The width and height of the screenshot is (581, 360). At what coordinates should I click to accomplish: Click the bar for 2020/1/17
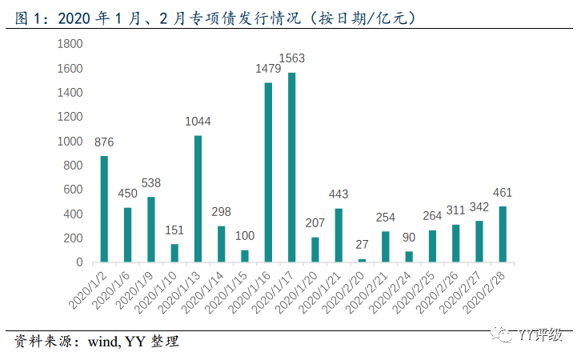click(x=292, y=167)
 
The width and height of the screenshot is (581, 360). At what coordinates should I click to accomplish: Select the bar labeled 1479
click(x=269, y=172)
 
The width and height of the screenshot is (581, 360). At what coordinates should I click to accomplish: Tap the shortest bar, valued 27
click(x=363, y=260)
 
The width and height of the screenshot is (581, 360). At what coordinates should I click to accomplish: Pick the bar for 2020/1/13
click(x=198, y=198)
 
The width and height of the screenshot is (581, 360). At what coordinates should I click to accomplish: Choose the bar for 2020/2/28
click(x=503, y=234)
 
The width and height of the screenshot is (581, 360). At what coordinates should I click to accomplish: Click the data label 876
click(x=104, y=142)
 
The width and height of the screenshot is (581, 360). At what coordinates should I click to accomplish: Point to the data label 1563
click(x=292, y=58)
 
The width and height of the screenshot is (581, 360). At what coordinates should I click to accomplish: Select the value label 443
click(x=339, y=194)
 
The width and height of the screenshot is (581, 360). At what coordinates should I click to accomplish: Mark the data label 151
click(x=175, y=230)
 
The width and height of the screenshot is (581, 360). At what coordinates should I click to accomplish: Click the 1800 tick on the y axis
click(x=70, y=44)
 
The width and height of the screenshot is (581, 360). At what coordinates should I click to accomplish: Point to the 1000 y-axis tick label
click(x=70, y=141)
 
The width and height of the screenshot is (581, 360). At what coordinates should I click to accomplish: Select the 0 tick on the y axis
click(x=78, y=262)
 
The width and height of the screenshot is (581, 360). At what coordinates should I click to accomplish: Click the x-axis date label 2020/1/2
click(x=90, y=290)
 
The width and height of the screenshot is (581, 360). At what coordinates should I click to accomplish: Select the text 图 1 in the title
click(x=27, y=16)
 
